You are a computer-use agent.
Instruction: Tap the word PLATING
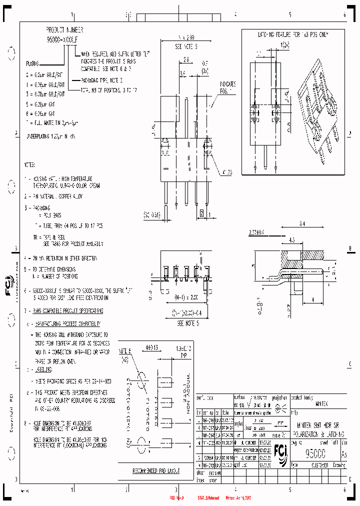(34, 64)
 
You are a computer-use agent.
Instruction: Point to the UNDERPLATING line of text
(50, 136)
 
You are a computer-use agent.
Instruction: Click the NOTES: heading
(29, 164)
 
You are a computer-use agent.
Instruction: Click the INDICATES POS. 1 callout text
(226, 88)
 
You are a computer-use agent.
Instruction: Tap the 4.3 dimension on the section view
(291, 239)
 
